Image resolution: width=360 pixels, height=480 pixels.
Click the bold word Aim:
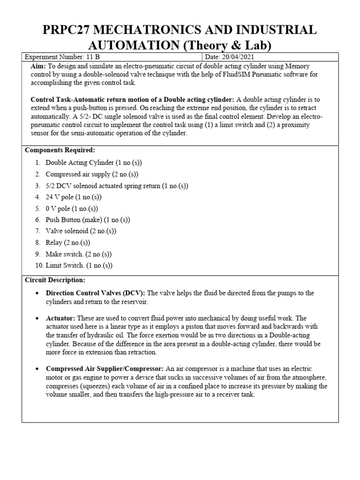pos(38,66)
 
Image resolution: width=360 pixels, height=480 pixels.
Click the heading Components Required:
pos(60,150)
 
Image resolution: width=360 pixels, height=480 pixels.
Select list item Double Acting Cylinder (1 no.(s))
pos(93,163)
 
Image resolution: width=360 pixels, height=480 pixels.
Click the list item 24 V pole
pos(73,197)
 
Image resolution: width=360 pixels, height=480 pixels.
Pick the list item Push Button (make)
pos(87,220)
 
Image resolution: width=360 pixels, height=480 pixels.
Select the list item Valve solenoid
pos(80,231)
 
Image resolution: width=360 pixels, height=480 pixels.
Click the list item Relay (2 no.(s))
pos(67,243)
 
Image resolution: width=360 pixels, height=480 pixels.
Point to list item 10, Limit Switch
pos(79,265)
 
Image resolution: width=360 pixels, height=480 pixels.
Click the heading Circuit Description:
pos(55,280)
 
